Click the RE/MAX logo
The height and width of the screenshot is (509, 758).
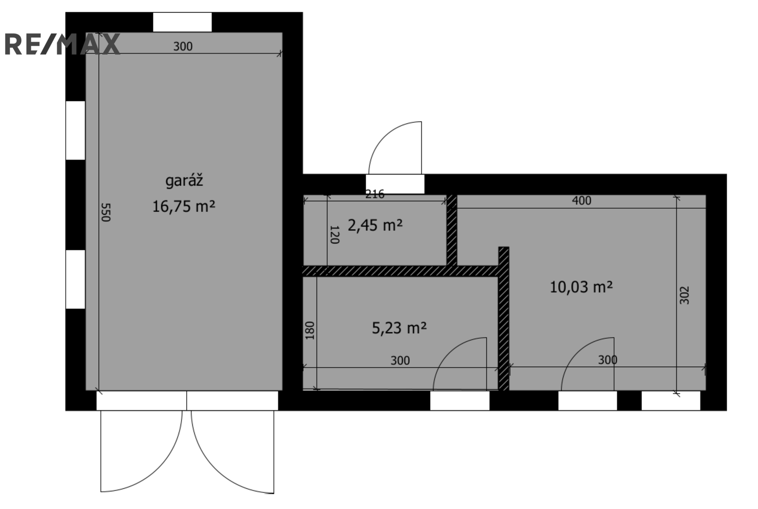[62, 45]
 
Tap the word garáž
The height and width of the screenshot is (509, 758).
[184, 181]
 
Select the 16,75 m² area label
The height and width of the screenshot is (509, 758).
[184, 207]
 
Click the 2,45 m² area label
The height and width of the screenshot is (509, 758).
[375, 226]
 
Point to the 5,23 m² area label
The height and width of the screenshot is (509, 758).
[399, 328]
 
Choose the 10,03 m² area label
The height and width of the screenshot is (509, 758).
[581, 287]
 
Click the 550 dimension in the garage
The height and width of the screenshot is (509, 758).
[106, 212]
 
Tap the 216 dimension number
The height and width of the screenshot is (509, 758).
[375, 194]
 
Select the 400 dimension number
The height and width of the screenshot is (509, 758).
[581, 200]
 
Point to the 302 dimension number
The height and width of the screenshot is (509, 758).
[684, 295]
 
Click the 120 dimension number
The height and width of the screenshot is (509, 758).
[334, 235]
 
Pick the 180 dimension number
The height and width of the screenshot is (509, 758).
[310, 330]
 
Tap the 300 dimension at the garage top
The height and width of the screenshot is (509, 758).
[183, 46]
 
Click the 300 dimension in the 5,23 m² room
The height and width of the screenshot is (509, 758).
[400, 361]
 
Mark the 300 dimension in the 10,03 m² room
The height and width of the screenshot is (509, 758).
[607, 360]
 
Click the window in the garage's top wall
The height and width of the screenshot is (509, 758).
[182, 22]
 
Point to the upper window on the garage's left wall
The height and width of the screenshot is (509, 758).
[75, 130]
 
